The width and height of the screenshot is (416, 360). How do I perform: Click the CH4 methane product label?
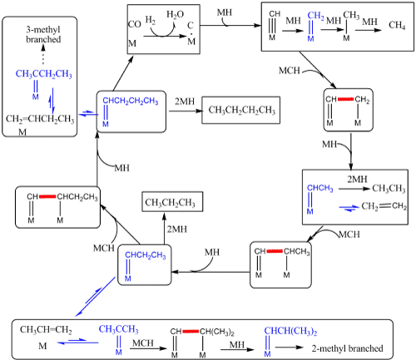[397, 25]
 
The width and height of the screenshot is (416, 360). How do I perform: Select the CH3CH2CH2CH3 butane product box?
[240, 110]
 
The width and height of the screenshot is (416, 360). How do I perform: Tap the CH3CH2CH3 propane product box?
[172, 202]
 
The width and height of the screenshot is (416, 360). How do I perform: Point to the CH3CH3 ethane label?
[389, 189]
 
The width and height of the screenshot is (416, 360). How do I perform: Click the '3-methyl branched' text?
[43, 34]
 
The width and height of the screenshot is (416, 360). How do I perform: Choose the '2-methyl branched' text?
[347, 348]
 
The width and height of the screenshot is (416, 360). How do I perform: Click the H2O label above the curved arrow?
[175, 14]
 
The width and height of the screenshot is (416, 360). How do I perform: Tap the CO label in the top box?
[135, 24]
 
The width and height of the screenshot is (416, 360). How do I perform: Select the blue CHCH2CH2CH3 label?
[131, 101]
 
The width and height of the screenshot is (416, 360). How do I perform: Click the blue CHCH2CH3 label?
[146, 255]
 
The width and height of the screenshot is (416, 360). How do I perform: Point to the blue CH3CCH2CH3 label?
[43, 74]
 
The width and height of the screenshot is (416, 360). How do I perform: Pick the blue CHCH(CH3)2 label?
[290, 331]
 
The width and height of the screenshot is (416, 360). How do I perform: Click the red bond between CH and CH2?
[345, 99]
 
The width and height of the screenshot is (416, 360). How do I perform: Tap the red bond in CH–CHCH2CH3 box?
[47, 196]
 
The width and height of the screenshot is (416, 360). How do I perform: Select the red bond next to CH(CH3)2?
[191, 331]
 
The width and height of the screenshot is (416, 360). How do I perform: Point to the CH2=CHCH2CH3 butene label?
[40, 119]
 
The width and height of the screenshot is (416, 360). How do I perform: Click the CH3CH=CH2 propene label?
[46, 330]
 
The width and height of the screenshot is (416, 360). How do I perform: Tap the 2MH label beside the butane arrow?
[185, 101]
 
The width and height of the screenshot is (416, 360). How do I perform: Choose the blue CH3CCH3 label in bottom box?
[118, 329]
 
